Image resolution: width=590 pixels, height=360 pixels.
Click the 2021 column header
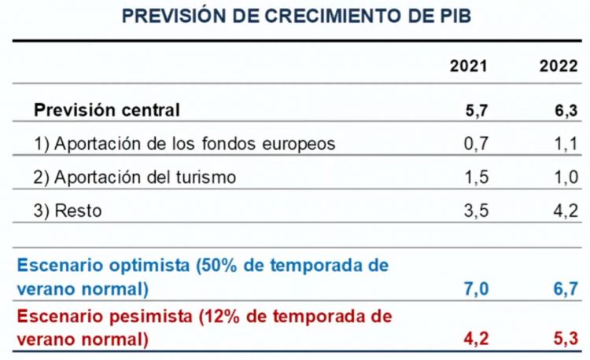pyautogui.click(x=468, y=67)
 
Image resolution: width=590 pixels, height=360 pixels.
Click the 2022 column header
pyautogui.click(x=559, y=67)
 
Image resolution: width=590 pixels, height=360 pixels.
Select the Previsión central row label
pyautogui.click(x=107, y=110)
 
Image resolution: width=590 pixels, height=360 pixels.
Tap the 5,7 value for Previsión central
pyautogui.click(x=476, y=111)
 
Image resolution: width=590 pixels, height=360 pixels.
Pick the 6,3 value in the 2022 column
pyautogui.click(x=566, y=111)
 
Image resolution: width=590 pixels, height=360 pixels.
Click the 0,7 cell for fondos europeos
pyautogui.click(x=476, y=144)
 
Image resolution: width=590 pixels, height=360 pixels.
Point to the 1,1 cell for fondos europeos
pyautogui.click(x=566, y=144)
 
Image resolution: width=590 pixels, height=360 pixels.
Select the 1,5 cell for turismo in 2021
pyautogui.click(x=476, y=178)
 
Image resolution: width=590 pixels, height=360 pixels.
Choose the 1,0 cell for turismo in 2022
pyautogui.click(x=566, y=178)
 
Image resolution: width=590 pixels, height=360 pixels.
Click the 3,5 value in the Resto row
pyautogui.click(x=476, y=211)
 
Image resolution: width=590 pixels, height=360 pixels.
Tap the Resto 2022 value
pyautogui.click(x=566, y=211)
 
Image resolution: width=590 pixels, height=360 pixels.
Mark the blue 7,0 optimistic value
pyautogui.click(x=476, y=289)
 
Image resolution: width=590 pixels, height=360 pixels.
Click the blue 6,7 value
pyautogui.click(x=566, y=289)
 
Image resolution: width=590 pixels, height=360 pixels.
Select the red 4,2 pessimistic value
pyautogui.click(x=476, y=340)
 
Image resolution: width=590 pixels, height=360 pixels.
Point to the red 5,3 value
pyautogui.click(x=566, y=340)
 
